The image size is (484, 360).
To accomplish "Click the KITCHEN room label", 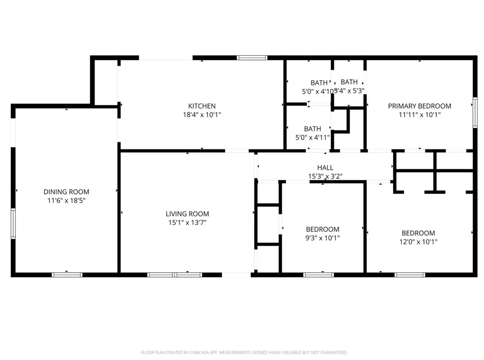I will pos(202,106).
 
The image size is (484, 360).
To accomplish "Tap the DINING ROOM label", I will pos(66,192).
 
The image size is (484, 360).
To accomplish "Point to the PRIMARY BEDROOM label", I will pos(419,106).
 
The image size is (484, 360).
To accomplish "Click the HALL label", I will pos(325,167).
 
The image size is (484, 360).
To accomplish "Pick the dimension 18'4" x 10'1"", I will pos(202,114).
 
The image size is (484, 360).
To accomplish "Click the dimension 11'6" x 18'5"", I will pos(66,200).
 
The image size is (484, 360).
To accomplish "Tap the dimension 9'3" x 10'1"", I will pos(322,238).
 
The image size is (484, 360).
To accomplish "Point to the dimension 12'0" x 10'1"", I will pos(418,241).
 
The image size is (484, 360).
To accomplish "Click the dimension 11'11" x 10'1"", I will pos(419,114).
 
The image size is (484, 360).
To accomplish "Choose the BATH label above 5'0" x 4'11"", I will pos(312,129).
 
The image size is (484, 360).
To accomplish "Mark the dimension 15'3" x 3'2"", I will pos(325,176).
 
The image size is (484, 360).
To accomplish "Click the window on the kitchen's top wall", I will pos(252,58).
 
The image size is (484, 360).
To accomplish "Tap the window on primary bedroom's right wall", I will pos(475,113).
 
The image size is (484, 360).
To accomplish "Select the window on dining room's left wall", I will pos(13,224).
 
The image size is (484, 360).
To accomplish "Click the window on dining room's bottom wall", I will pos(67,274).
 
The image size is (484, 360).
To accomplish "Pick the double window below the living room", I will pos(175,274).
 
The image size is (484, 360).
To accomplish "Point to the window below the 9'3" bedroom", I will pos(318,274).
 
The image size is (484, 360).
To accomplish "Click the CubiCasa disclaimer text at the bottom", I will pos(244,352).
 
